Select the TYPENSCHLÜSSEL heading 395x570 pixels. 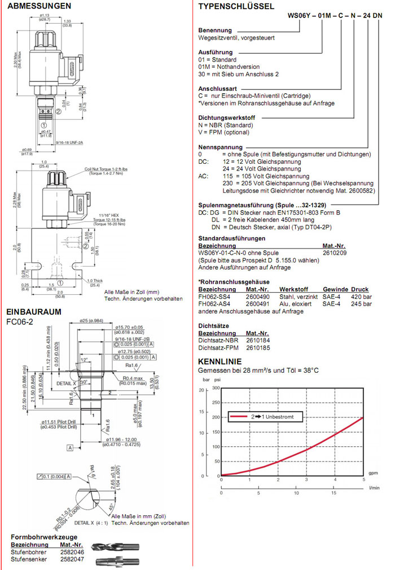pyautogui.click(x=236, y=7)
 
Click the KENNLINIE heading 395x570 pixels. pyautogui.click(x=220, y=362)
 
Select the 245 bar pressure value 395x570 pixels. pyautogui.click(x=361, y=303)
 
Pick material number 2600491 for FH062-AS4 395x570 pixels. pyautogui.click(x=257, y=303)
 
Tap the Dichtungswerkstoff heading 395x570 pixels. pyautogui.click(x=226, y=118)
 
